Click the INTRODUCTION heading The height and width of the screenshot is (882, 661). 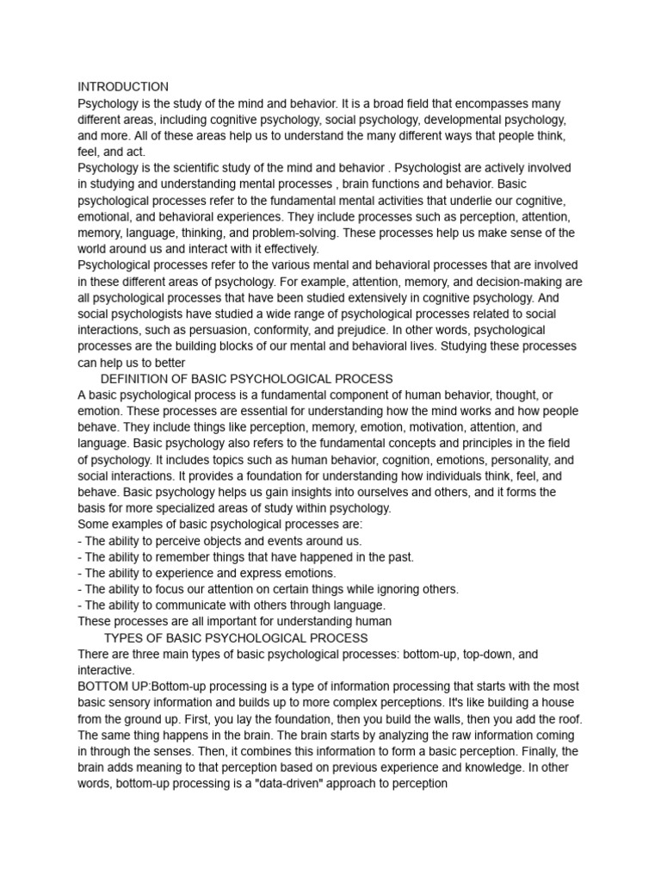123,87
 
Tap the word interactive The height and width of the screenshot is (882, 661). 105,670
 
